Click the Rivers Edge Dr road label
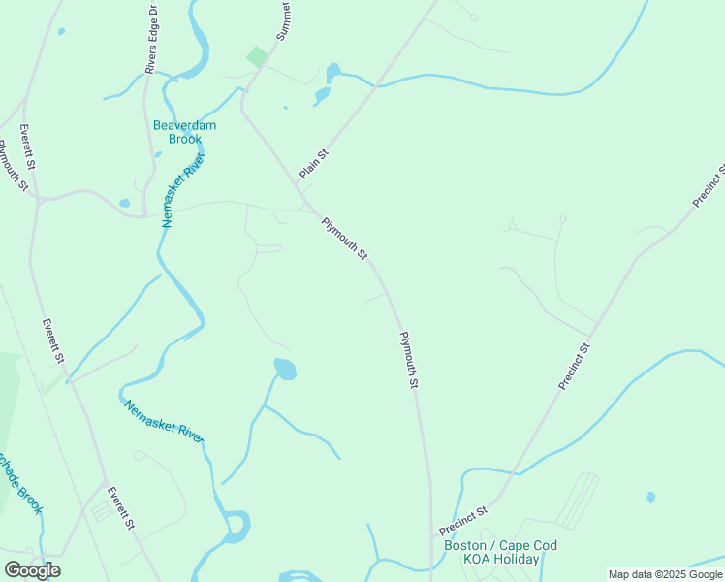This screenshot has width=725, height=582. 151,39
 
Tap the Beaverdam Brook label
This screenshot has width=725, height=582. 184,132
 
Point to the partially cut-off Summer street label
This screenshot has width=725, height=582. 283,20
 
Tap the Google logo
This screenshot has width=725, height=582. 32,570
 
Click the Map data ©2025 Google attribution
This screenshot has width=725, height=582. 665,574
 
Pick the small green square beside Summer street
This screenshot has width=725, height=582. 256,56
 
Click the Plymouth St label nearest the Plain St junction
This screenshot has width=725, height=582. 345,239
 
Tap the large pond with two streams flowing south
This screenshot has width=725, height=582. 285,369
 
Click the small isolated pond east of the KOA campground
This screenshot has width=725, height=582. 650,498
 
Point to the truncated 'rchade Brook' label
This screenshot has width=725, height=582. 22,483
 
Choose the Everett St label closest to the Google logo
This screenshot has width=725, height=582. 121,508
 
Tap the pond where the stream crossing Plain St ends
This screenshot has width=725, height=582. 334,72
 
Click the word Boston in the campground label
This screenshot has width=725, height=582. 465,545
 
